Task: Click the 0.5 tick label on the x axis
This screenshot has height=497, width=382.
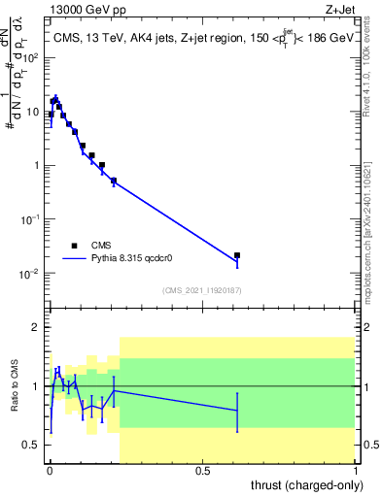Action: [x=202, y=471]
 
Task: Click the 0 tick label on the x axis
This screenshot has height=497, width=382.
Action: [x=50, y=471]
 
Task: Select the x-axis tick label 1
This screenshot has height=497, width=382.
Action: [x=355, y=471]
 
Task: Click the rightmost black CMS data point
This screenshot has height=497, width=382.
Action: [x=237, y=255]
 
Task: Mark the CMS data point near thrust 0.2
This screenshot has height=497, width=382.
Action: [x=114, y=181]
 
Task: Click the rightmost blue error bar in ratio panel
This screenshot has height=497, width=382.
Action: [x=237, y=411]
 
